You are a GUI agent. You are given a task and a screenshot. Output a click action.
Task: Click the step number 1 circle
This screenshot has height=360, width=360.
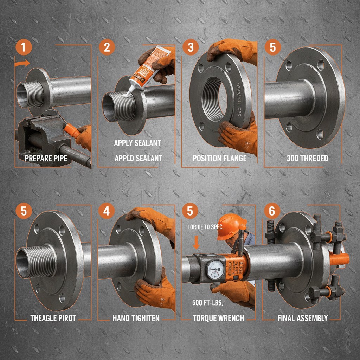click(x=23, y=47)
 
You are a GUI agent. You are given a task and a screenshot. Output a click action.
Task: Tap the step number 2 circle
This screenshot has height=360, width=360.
click(x=107, y=47)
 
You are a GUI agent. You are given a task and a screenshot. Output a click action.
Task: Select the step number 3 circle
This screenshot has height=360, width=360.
click(x=190, y=47)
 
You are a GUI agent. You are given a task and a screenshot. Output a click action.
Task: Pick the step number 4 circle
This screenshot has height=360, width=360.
click(x=107, y=211)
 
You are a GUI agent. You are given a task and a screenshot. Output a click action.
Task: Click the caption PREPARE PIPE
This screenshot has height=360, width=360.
click(x=46, y=158)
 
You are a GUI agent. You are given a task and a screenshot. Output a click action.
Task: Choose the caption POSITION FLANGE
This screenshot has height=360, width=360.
click(x=219, y=158)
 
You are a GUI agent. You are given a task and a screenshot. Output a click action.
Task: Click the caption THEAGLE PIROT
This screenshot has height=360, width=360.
click(x=53, y=318)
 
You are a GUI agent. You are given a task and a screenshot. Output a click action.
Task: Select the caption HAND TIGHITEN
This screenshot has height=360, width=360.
click(x=136, y=318)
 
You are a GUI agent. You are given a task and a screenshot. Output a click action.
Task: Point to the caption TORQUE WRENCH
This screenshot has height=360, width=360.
click(x=219, y=318)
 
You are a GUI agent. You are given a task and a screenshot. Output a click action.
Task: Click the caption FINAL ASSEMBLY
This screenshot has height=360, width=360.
click(x=302, y=318)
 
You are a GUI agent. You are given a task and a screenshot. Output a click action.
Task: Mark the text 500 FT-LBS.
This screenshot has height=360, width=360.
click(x=207, y=302)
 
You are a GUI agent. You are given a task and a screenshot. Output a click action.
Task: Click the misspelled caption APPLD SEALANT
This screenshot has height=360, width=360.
click(x=139, y=158)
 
